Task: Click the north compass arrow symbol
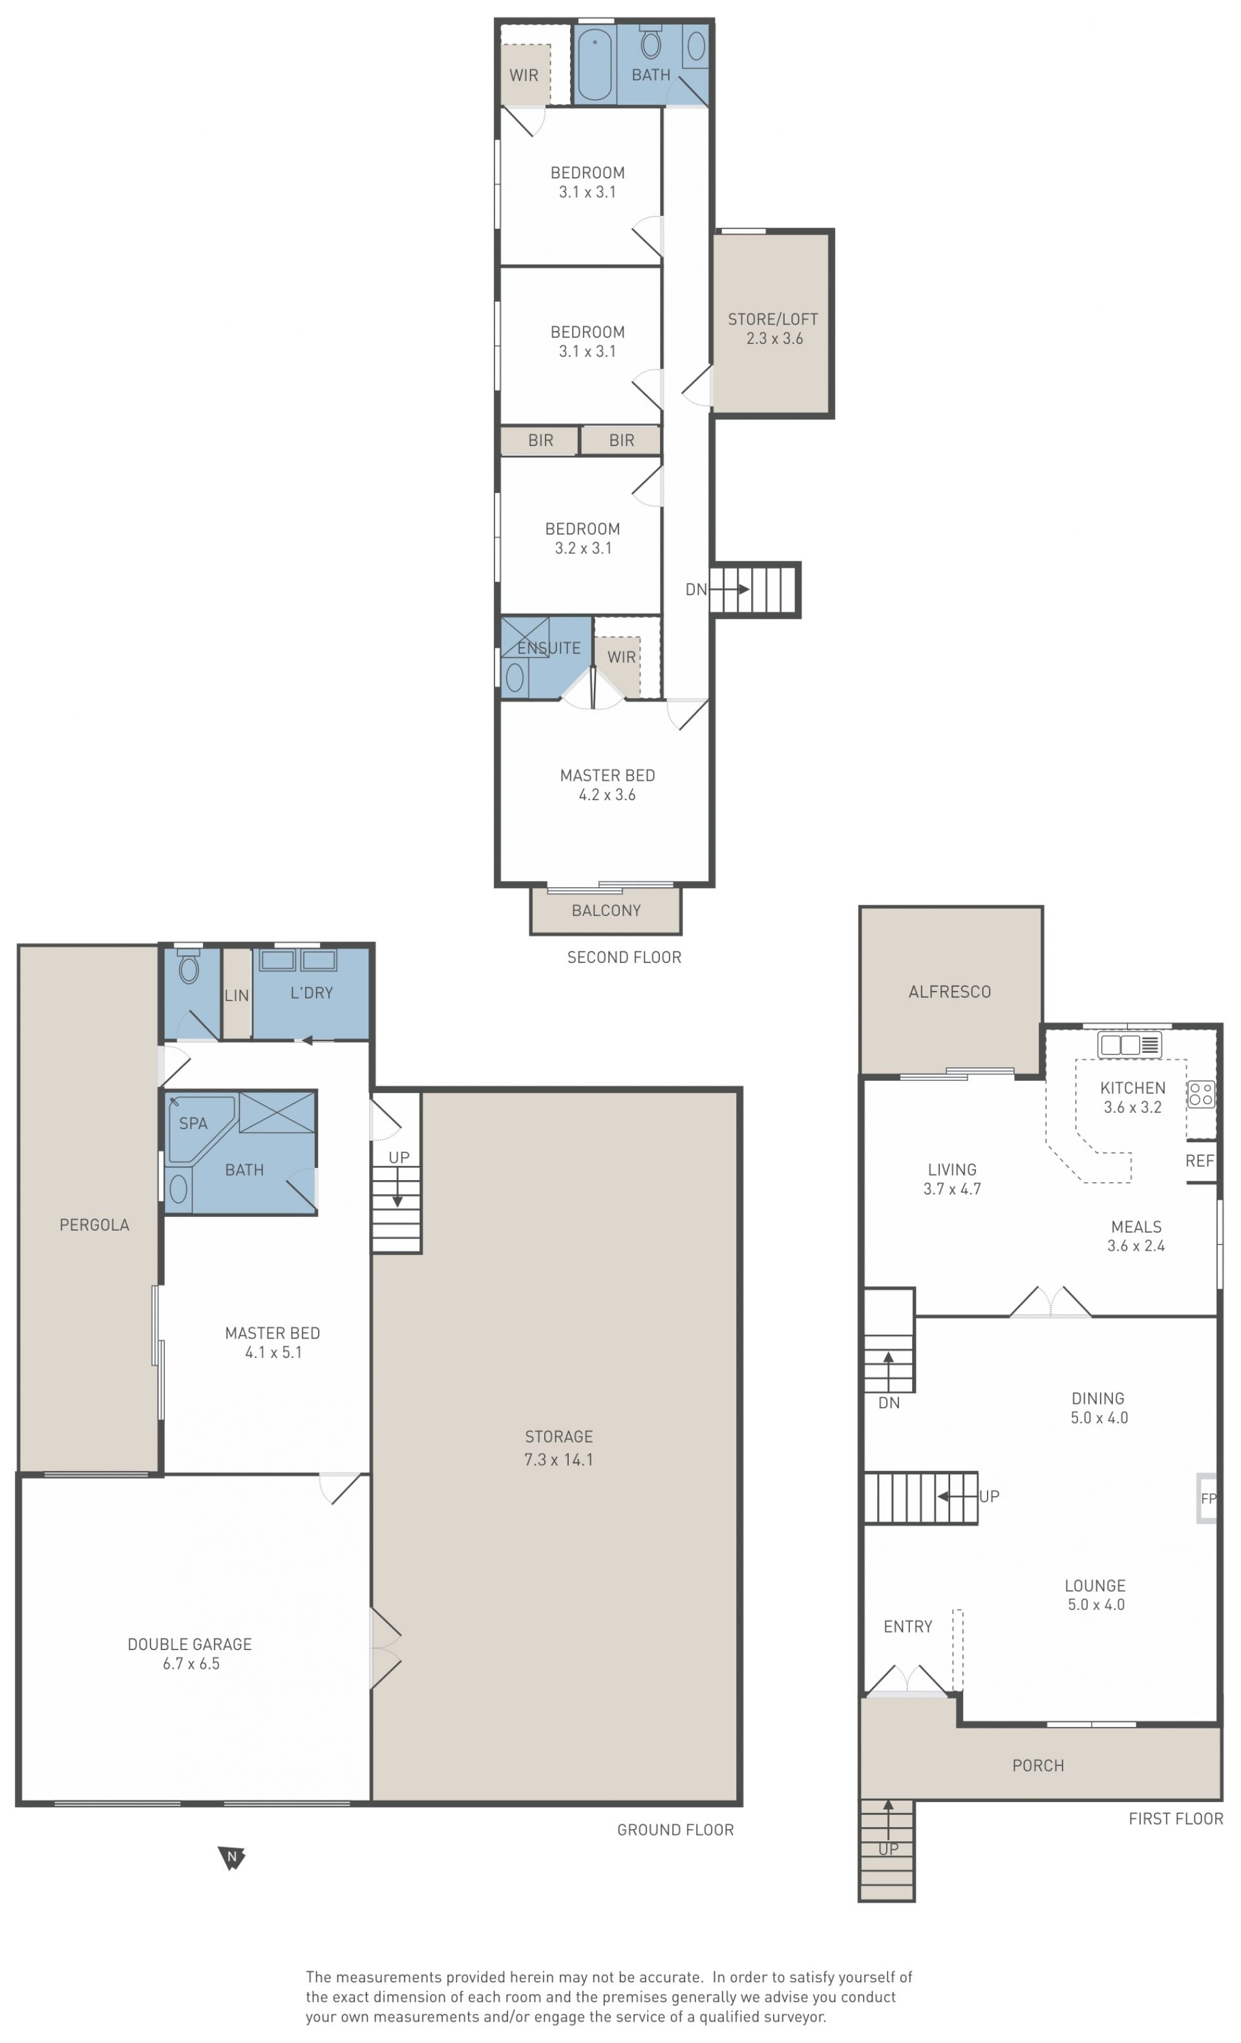pos(231,1858)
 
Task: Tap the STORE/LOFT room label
pos(772,319)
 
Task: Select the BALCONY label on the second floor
pos(606,911)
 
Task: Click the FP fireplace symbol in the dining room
pos(1207,1498)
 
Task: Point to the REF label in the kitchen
pos(1200,1161)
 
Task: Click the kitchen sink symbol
pos(1129,1044)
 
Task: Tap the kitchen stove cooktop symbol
pos(1200,1094)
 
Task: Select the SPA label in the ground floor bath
pos(193,1123)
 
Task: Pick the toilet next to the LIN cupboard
pos(189,967)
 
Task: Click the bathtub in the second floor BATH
pos(595,65)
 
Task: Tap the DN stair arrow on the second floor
pos(730,589)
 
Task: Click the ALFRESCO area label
pos(949,991)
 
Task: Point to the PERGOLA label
pos(94,1225)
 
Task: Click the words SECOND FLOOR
pos(624,958)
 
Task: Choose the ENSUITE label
pos(549,648)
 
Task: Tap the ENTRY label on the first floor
pos(907,1627)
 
